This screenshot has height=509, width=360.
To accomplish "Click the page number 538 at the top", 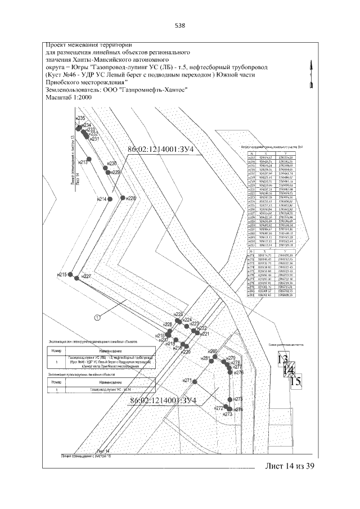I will point(180,25).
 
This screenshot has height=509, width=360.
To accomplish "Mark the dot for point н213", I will point(92,161).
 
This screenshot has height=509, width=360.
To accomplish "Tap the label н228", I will point(130,199).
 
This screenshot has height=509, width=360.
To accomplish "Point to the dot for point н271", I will point(196,382).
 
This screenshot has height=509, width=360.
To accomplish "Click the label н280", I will point(213,352).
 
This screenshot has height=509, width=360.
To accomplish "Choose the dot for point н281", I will point(213,361).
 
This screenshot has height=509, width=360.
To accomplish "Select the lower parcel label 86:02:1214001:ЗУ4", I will point(163,400).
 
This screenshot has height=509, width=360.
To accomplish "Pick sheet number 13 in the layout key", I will point(282,359).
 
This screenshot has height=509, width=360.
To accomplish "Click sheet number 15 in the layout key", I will point(296,381).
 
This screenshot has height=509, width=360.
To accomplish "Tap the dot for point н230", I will point(105,167).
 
